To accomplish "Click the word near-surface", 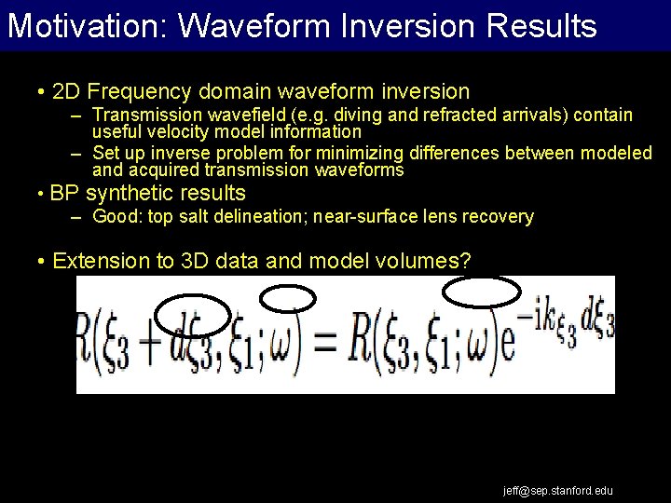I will click(x=363, y=217).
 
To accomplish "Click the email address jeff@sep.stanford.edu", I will click(x=558, y=490).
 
